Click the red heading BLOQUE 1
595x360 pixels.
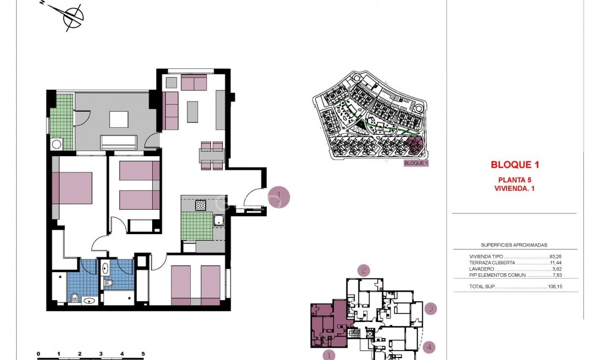[514, 165]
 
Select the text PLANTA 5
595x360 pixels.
[514, 179]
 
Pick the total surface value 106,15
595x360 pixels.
[555, 287]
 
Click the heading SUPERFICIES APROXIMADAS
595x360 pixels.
[514, 245]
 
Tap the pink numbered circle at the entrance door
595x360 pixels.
[278, 197]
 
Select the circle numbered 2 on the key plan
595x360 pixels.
[364, 270]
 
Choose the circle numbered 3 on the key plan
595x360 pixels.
[431, 308]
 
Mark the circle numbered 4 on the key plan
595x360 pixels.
[429, 347]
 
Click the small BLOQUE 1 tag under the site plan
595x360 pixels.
[415, 163]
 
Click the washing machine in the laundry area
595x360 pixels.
[57, 144]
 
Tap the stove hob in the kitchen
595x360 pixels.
[201, 206]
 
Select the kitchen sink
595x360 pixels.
[218, 222]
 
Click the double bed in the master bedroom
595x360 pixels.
[72, 188]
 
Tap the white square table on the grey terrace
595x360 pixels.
[118, 119]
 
